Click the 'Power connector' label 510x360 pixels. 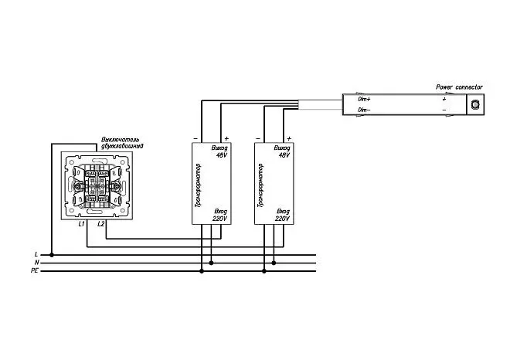459,87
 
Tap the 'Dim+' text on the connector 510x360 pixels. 364,99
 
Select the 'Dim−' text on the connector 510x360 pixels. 364,110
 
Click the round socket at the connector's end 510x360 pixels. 475,104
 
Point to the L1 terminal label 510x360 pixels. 81,224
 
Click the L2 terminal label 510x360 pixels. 100,224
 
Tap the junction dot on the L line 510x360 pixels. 52,255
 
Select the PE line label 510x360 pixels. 35,270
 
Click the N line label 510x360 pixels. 37,263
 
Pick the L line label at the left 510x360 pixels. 36,254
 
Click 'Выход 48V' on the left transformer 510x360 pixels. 220,151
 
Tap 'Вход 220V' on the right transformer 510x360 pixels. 283,215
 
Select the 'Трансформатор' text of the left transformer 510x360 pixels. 198,185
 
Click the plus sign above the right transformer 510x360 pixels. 289,139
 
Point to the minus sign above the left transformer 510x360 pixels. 195,139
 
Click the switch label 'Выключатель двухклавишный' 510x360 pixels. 122,143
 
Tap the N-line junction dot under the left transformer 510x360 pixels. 211,263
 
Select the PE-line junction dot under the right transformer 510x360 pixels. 264,271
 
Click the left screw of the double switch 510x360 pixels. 78,186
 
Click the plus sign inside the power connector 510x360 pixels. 444,99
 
